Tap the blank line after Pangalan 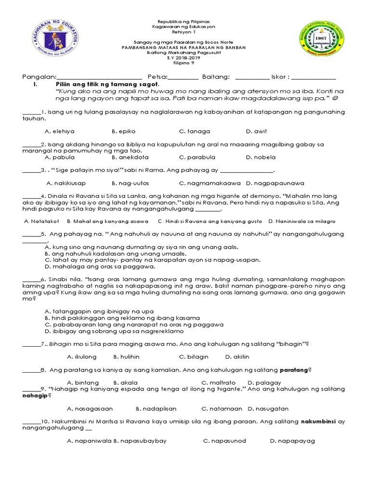click(99, 78)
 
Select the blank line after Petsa click(183, 78)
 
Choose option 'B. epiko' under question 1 click(122, 131)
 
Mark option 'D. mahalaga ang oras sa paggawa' click(100, 266)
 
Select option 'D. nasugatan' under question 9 click(268, 409)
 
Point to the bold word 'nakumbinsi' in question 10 click(319, 422)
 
